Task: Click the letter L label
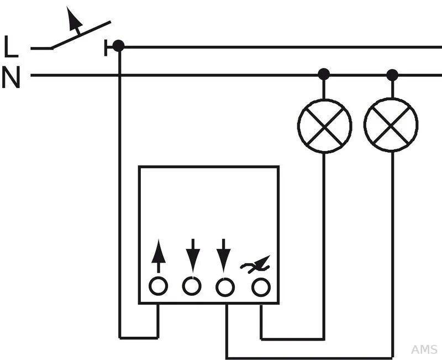pos(10,46)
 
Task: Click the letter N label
pos(11,77)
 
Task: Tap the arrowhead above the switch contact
pos(73,18)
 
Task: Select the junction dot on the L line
pos(118,46)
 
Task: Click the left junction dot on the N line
pos(324,74)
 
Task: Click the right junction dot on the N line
pos(392,75)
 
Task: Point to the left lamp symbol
pos(324,126)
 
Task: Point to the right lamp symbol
pos(391,125)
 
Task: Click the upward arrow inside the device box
pos(159,256)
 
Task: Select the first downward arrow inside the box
pos(193,255)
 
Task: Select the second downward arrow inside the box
pos(224,255)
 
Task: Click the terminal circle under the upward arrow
pos(159,286)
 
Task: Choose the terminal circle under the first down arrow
pos(192,286)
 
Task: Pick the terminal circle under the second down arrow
pos(225,287)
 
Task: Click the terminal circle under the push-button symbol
pos(261,287)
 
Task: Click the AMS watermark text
pos(424,349)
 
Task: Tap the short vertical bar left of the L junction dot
pos(106,48)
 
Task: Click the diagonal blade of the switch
pos(81,35)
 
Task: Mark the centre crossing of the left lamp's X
pos(324,126)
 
